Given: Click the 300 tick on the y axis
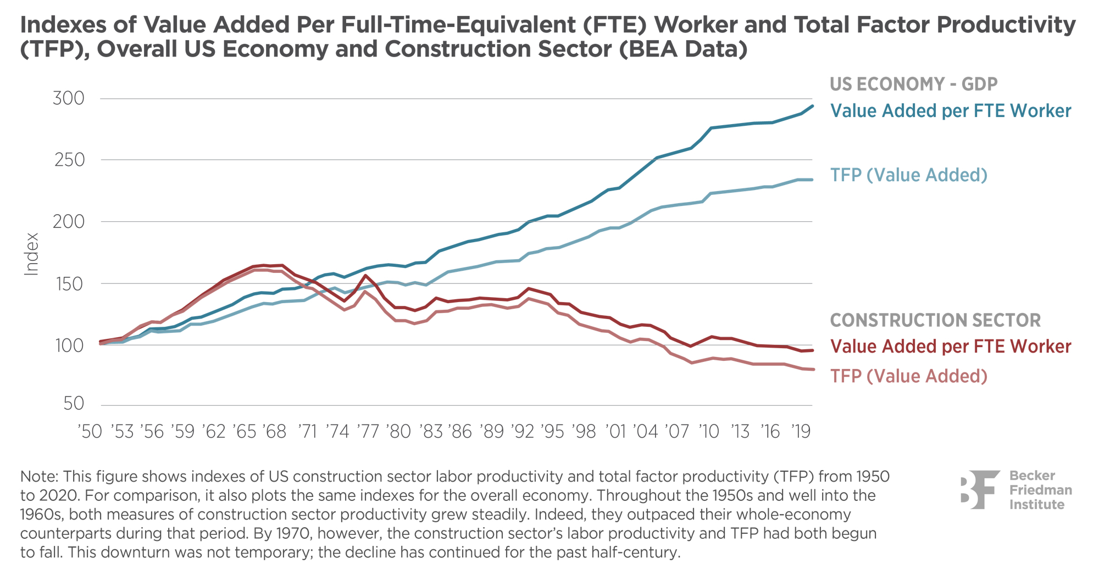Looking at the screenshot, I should pos(69,99).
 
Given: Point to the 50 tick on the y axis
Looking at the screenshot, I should pos(74,404).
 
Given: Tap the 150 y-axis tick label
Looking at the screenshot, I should pos(69,284).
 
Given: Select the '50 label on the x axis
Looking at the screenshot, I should pos(90,432).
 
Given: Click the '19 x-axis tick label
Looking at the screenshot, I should pos(800,432).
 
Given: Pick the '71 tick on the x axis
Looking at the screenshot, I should pos(307,432).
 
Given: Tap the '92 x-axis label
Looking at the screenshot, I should pos(523,432).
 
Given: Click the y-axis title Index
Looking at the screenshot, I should pos(32,254).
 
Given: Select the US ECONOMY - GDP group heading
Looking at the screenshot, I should pos(913,84).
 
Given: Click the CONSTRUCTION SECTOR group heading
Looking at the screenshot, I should pos(935,320).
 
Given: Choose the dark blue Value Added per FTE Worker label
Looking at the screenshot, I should pos(951,111).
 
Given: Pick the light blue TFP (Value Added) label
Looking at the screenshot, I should pos(909,175).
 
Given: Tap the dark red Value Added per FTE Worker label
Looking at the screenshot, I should pos(951,347).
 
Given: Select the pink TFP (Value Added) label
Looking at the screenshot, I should pos(909,376).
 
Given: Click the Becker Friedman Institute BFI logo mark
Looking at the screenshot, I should pos(980,489).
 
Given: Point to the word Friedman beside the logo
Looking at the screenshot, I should pos(1040,490).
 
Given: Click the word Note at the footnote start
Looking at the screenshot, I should pos(38,477).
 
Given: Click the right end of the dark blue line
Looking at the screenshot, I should pos(813,106).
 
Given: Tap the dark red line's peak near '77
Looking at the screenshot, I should pos(365,275).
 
